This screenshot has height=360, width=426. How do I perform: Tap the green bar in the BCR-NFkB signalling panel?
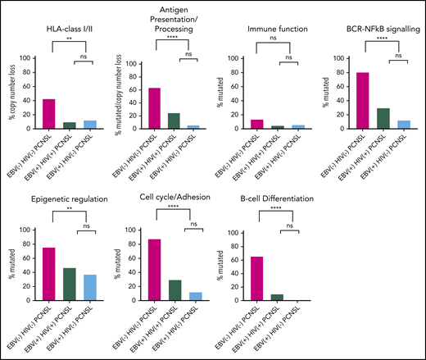tap(384, 118)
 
